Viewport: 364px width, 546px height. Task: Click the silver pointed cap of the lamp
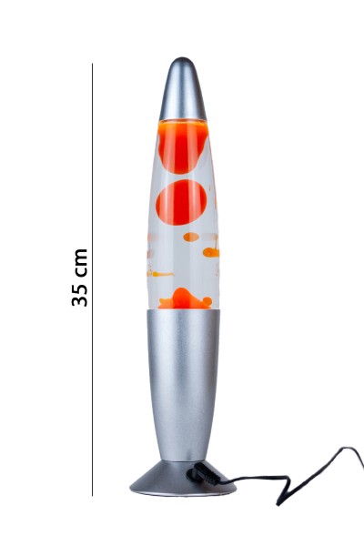coord(183,91)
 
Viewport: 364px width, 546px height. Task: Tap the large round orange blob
coord(181,202)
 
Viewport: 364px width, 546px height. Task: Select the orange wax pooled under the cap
coord(183,146)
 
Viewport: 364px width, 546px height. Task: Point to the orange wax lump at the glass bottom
coord(183,298)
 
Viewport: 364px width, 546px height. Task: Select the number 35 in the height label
coord(80,290)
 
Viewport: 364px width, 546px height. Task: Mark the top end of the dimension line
coord(92,64)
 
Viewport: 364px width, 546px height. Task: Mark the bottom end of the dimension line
coord(92,495)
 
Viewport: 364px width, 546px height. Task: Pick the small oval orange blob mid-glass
coord(191,237)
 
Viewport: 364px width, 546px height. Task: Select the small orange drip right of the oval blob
coord(211,251)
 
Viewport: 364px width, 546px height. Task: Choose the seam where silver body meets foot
coord(183,461)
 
